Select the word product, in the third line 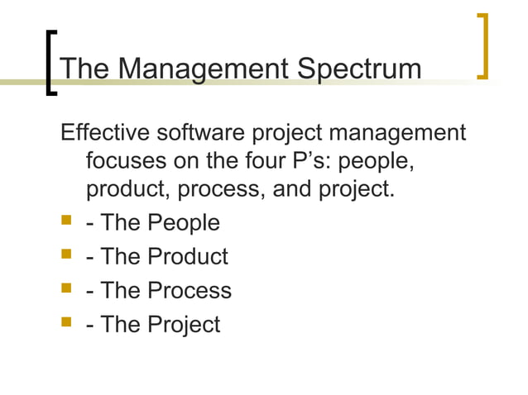tap(132, 189)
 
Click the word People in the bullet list tap(184, 223)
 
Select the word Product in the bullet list tap(188, 257)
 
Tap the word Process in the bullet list tap(190, 291)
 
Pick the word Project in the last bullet tap(185, 325)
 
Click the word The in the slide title tap(85, 69)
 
